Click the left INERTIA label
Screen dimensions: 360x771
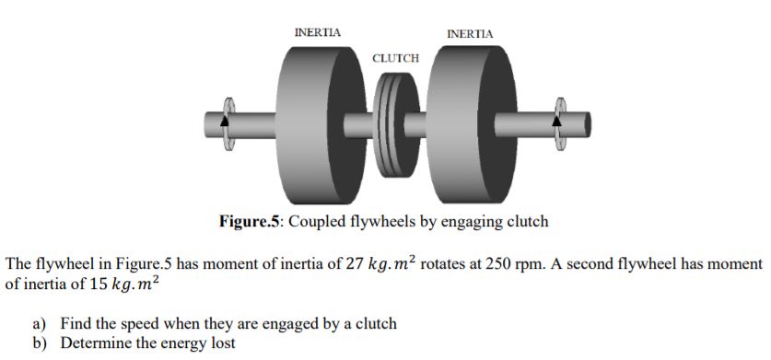317,32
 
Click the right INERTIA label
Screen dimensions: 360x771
470,34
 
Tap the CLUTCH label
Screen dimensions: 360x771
395,58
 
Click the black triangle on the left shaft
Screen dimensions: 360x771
224,121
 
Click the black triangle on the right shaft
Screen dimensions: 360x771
556,120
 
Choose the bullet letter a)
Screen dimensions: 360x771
39,323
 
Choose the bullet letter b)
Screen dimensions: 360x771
39,343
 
